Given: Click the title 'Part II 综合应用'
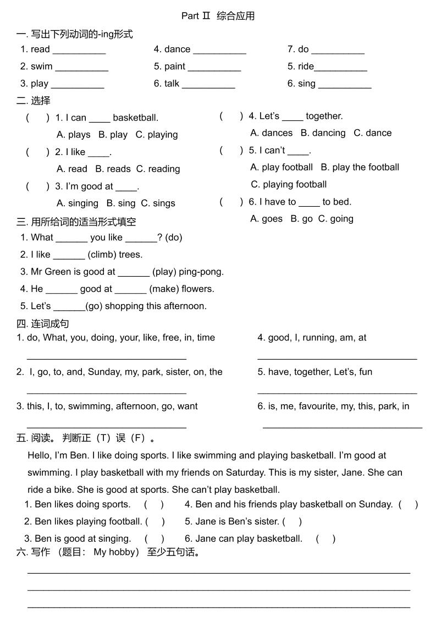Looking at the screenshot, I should (218, 16).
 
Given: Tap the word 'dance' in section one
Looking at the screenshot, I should (177, 49).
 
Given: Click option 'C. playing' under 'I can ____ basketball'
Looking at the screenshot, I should (157, 135).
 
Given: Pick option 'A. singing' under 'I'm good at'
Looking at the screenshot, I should (78, 203).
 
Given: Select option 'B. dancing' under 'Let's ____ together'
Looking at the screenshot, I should (323, 133).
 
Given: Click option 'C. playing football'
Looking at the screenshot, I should (289, 185).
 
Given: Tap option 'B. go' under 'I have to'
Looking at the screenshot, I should (301, 219).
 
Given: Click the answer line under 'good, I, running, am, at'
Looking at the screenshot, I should (337, 358).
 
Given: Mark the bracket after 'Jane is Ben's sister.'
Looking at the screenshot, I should (292, 521).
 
